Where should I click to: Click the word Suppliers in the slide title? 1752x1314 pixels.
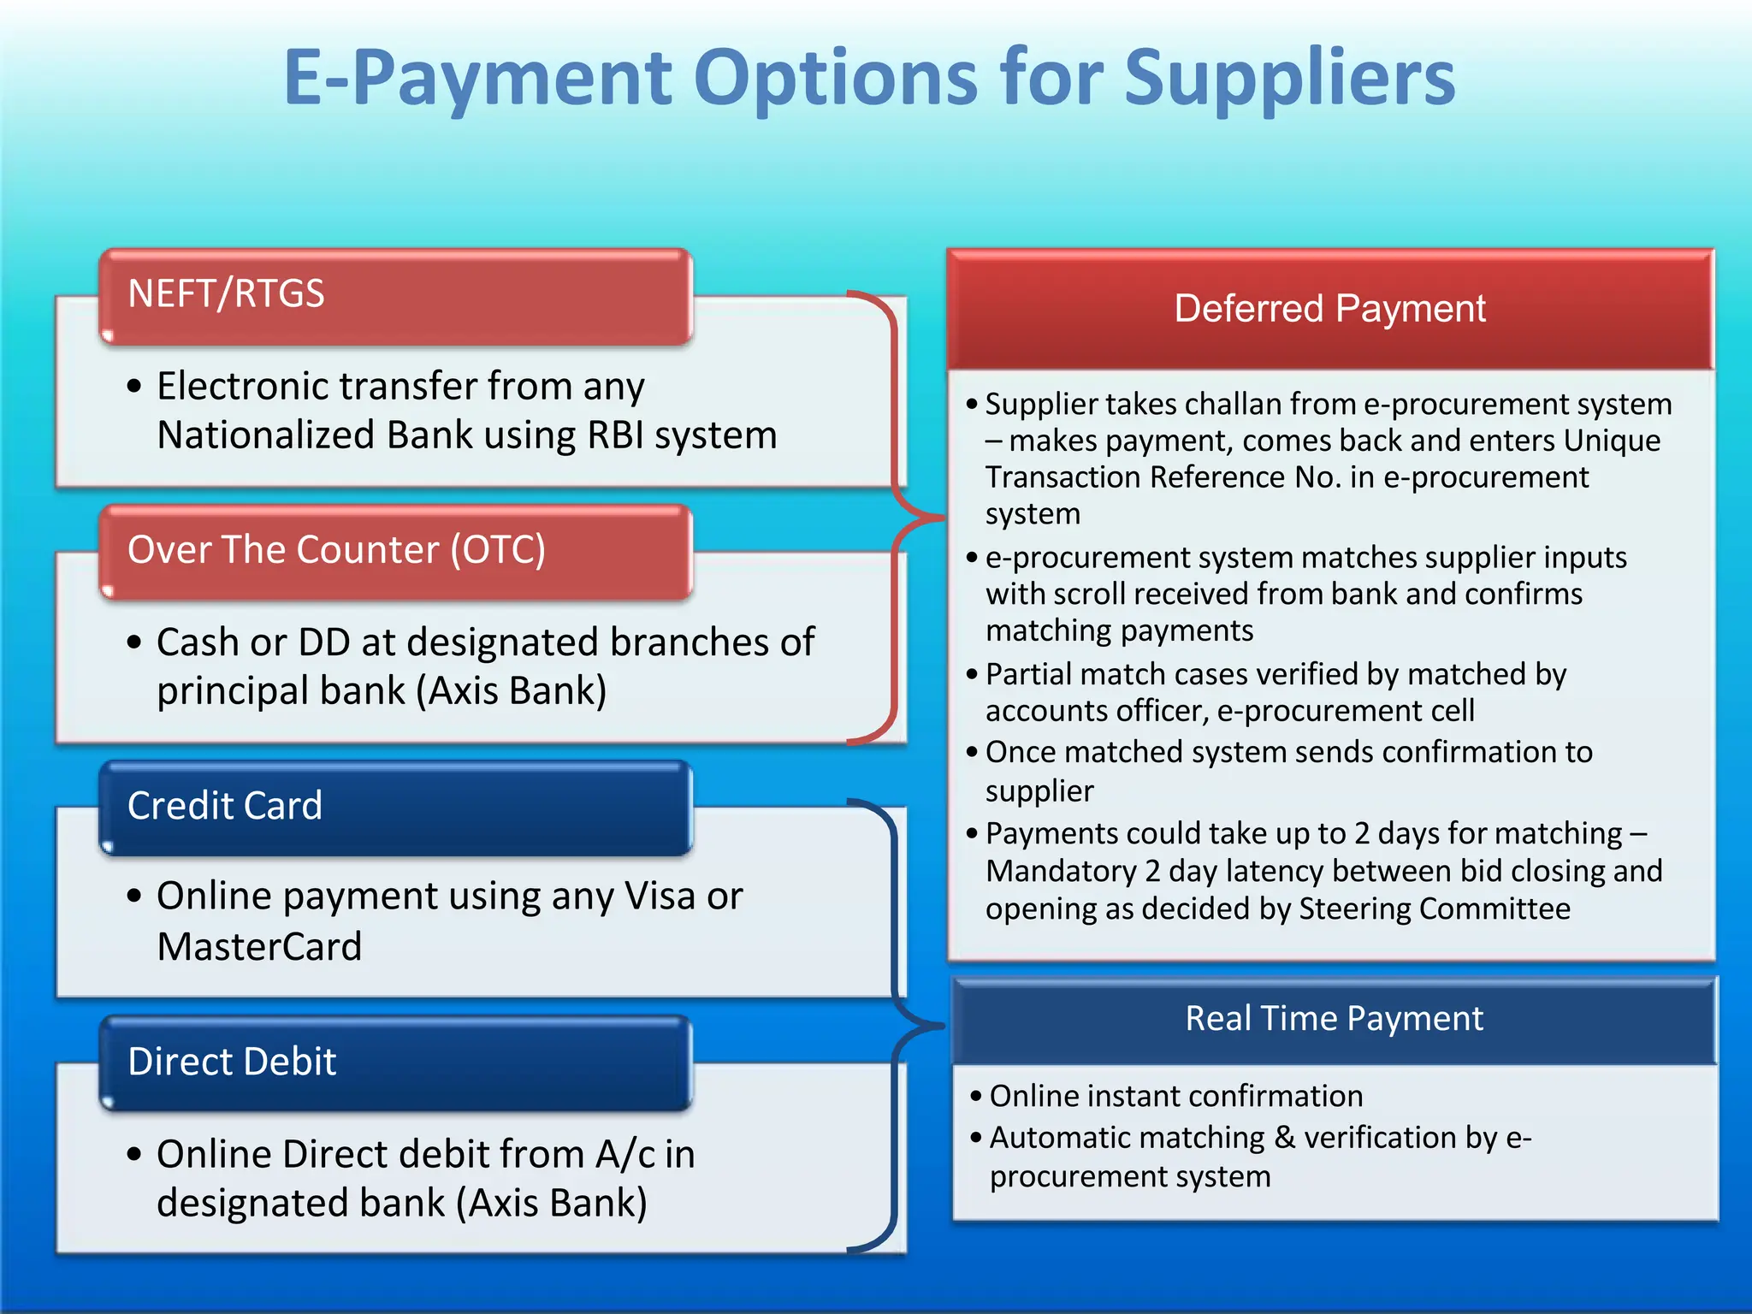click(x=1289, y=79)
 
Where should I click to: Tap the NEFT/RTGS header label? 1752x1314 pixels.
click(x=226, y=293)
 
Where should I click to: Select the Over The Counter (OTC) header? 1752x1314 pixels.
click(x=336, y=549)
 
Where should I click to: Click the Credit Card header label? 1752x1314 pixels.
click(x=225, y=805)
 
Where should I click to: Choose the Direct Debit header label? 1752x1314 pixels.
click(x=232, y=1061)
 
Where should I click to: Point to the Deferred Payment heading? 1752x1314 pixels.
click(x=1329, y=309)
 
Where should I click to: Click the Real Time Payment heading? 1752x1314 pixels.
click(x=1334, y=1018)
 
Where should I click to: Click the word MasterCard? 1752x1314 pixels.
click(x=260, y=946)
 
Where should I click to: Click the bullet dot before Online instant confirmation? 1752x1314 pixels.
click(x=976, y=1096)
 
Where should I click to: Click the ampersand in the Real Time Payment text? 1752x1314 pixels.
click(x=1284, y=1138)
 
